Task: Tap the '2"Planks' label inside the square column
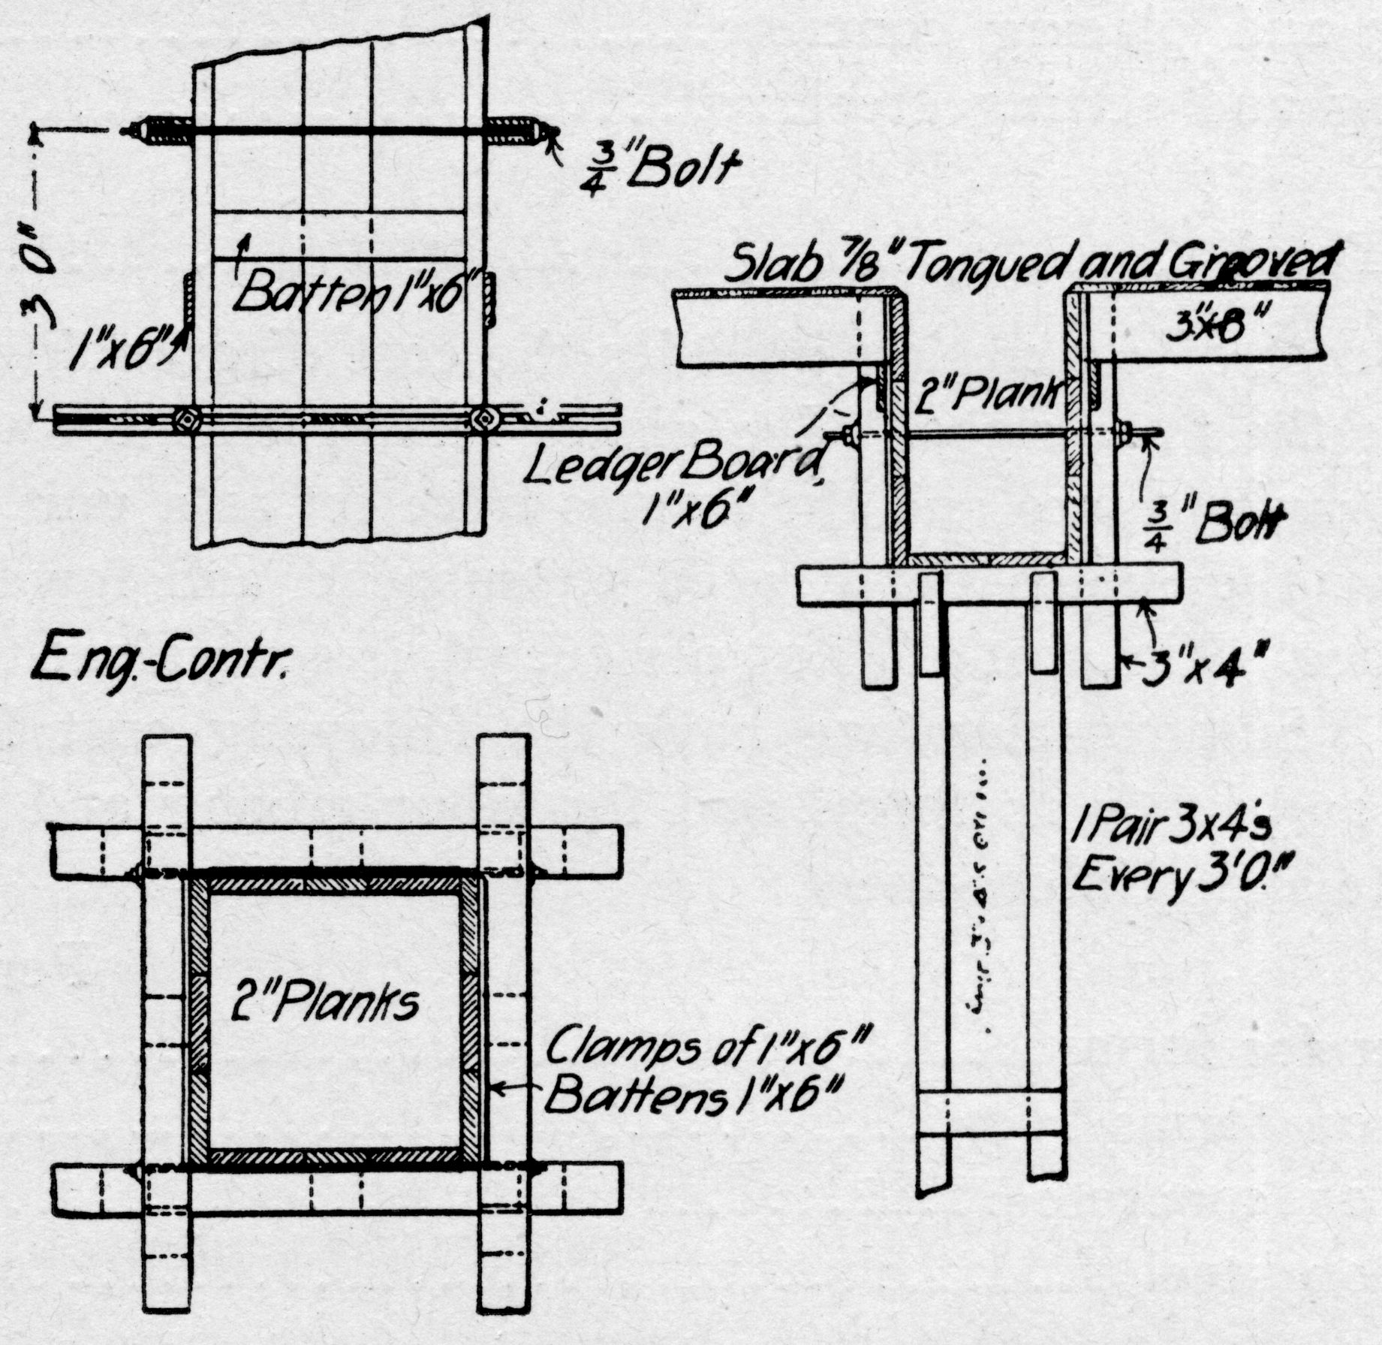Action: click(x=324, y=1003)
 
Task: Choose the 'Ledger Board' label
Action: click(x=676, y=471)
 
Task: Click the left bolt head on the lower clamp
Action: click(x=185, y=418)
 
